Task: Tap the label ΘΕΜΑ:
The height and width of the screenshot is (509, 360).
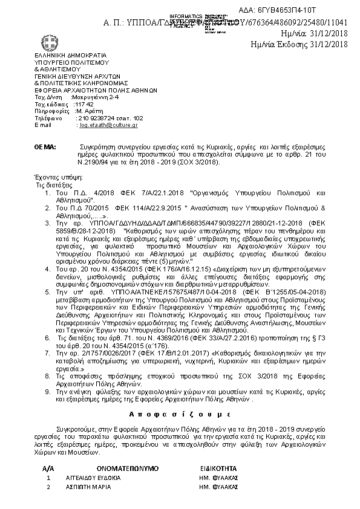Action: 45,147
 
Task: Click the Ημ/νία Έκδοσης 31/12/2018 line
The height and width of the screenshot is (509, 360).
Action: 300,44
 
